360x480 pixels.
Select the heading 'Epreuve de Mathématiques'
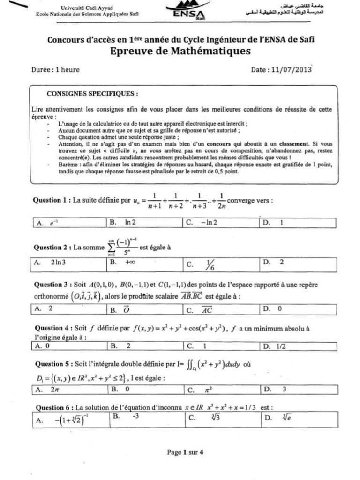click(x=180, y=51)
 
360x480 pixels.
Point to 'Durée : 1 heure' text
click(x=55, y=70)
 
